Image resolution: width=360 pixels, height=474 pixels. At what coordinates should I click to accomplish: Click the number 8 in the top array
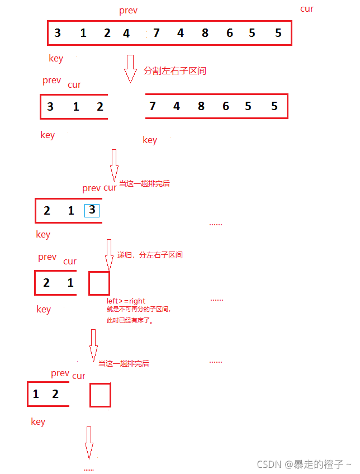205,33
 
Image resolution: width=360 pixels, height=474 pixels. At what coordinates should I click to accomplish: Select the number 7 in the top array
157,33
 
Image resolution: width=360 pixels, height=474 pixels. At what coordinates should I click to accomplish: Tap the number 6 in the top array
230,33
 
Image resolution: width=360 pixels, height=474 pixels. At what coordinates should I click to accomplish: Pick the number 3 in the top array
58,33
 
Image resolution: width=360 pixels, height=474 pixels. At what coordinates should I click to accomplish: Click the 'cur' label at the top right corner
307,9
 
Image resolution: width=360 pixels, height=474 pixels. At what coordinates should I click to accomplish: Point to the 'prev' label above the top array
128,11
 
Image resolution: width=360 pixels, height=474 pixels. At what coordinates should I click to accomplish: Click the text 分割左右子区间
174,71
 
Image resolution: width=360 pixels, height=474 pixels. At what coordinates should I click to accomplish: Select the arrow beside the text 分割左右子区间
130,68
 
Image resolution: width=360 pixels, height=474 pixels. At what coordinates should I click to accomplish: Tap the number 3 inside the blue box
92,210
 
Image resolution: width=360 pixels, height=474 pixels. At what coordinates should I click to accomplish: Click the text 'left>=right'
126,301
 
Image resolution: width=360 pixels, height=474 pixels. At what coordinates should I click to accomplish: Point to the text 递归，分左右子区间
150,255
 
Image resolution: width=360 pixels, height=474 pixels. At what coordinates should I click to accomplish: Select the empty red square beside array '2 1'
100,283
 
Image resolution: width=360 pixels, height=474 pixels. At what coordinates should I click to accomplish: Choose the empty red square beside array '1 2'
101,395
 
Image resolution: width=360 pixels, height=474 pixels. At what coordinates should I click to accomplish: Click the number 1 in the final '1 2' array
36,394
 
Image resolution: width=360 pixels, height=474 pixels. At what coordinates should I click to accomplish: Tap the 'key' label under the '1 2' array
38,421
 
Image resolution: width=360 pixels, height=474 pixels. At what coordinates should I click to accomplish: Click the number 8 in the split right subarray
201,106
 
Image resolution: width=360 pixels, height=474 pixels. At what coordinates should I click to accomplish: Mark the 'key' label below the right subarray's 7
150,140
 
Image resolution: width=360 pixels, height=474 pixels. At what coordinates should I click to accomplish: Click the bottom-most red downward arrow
89,442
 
